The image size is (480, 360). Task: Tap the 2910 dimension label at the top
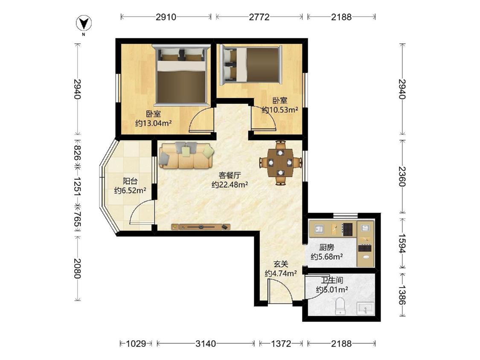[166, 17]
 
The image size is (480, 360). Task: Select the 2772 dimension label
[259, 17]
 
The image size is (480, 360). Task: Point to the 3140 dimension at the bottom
[206, 344]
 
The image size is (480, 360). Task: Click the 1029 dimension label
[136, 344]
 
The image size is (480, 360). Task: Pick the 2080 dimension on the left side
[77, 268]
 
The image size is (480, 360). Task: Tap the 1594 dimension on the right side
[401, 244]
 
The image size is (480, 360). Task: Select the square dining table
[280, 163]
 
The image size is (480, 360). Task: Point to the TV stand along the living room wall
[201, 227]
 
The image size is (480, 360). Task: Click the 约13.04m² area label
[153, 123]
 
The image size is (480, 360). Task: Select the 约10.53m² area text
[280, 110]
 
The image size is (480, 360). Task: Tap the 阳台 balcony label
[130, 181]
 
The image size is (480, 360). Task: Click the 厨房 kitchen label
[327, 247]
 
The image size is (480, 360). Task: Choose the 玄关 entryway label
[281, 264]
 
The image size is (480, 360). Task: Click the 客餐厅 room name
[230, 175]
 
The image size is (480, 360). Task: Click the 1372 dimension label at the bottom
[281, 344]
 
